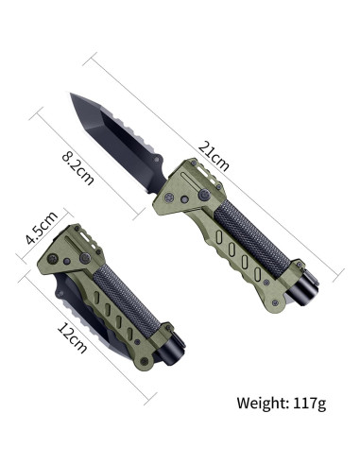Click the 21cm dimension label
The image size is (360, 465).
point(214,157)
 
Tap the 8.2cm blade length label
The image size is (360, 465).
point(77,168)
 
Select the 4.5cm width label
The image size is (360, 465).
point(42,228)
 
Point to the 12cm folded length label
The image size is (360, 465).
point(72,337)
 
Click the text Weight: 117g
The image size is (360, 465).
point(282,404)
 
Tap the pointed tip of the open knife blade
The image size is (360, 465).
point(70,94)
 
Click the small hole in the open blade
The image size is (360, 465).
point(157,160)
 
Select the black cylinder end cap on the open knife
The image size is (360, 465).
point(304,289)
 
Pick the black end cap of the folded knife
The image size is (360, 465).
point(172,353)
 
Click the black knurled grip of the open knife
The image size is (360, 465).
point(251,238)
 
